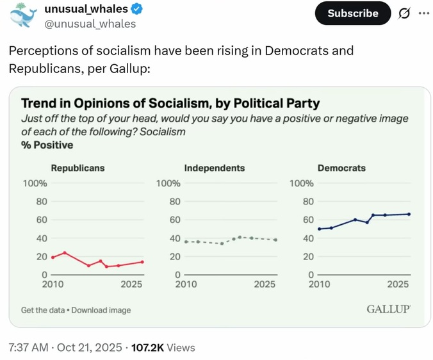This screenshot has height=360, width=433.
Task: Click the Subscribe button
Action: click(x=353, y=13)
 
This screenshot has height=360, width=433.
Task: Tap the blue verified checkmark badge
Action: click(x=137, y=10)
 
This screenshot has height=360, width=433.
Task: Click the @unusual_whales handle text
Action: click(x=90, y=24)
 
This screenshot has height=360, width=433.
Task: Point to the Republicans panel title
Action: click(x=78, y=168)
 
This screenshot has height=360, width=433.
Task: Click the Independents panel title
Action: click(x=215, y=168)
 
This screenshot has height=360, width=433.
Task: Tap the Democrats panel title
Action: click(x=341, y=168)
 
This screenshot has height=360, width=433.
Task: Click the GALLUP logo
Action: click(x=388, y=309)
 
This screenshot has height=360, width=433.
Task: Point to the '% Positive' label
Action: click(x=47, y=145)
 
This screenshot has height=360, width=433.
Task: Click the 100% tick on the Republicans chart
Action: click(x=35, y=183)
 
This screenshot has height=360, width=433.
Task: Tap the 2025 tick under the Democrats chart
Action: click(x=398, y=284)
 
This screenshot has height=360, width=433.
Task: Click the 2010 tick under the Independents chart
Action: click(x=186, y=284)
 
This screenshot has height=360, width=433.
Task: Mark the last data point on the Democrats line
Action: click(x=409, y=214)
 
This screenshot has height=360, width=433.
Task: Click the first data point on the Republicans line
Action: click(x=53, y=258)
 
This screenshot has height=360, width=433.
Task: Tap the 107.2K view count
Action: click(x=147, y=347)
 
